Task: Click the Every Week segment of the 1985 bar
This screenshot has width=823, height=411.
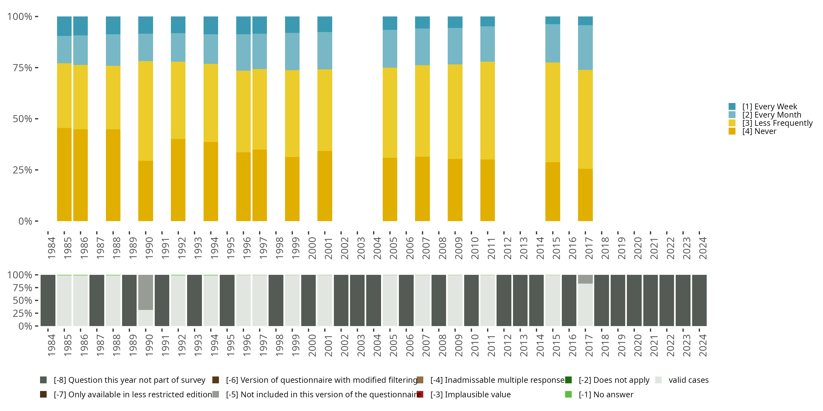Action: pyautogui.click(x=64, y=26)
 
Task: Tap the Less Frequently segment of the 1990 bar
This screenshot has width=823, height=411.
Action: pyautogui.click(x=145, y=111)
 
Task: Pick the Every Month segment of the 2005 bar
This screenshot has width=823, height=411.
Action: pyautogui.click(x=390, y=48)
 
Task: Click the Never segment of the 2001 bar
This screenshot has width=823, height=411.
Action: pyautogui.click(x=325, y=186)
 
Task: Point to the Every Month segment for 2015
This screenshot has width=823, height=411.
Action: pyautogui.click(x=553, y=43)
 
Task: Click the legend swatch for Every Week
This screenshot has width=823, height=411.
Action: pyautogui.click(x=732, y=107)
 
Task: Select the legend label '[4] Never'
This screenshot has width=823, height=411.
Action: pyautogui.click(x=759, y=132)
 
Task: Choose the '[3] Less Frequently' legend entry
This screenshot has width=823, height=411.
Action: pyautogui.click(x=777, y=123)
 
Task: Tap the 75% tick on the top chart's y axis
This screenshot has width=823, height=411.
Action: pyautogui.click(x=22, y=68)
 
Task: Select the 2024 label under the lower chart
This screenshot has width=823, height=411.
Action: pyautogui.click(x=703, y=346)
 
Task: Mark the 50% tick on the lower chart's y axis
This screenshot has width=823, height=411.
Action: pyautogui.click(x=22, y=301)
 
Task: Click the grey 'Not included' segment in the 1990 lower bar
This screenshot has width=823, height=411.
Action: pyautogui.click(x=145, y=292)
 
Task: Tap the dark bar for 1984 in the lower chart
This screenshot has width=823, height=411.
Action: pyautogui.click(x=48, y=301)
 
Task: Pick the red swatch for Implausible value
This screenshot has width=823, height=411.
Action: pyautogui.click(x=420, y=394)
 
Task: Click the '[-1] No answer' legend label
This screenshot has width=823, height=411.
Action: pyautogui.click(x=606, y=394)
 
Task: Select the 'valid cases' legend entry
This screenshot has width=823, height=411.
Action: pyautogui.click(x=688, y=380)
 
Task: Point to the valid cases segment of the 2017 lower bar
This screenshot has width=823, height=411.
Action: pyautogui.click(x=585, y=305)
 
